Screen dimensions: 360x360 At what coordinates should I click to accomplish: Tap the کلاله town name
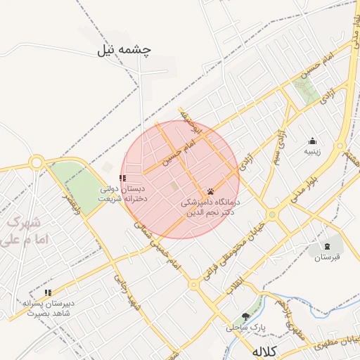point(265,351)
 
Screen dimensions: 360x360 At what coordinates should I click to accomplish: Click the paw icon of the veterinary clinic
point(210,191)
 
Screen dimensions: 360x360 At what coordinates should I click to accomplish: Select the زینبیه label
point(311,151)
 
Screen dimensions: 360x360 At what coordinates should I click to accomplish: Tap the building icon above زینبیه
point(312,141)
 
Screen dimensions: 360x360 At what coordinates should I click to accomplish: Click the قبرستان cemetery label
point(326,257)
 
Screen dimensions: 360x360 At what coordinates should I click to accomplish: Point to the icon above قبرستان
point(327,245)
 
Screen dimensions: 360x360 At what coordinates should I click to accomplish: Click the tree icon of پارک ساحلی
point(245,317)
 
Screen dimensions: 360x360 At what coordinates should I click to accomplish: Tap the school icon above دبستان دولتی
point(122,179)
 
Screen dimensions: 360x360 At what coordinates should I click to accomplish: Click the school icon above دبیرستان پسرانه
point(48,292)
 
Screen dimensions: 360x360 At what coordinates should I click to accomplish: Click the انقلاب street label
point(233,281)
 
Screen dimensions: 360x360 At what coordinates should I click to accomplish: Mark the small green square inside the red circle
point(174,186)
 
